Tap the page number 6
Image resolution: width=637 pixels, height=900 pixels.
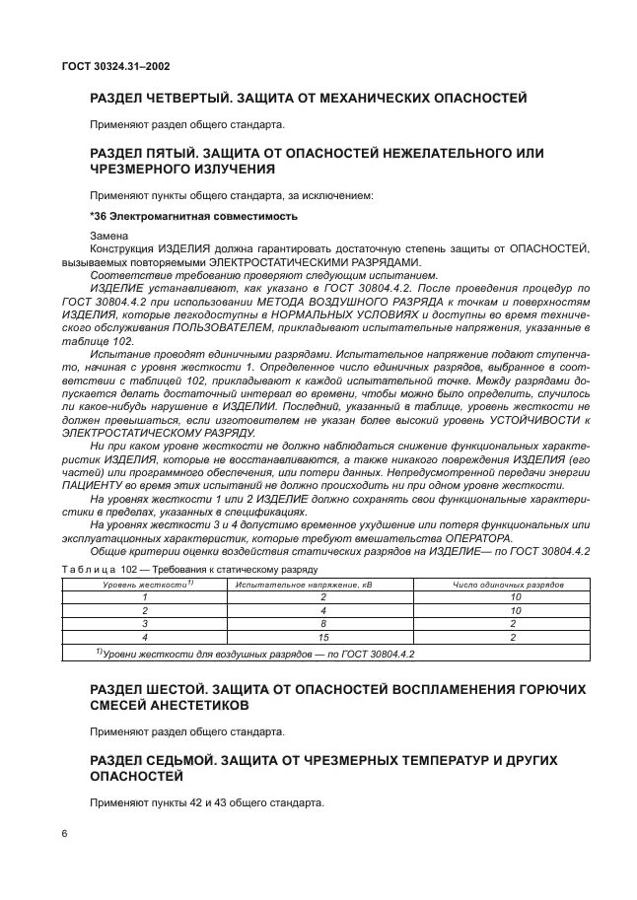pos(64,834)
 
